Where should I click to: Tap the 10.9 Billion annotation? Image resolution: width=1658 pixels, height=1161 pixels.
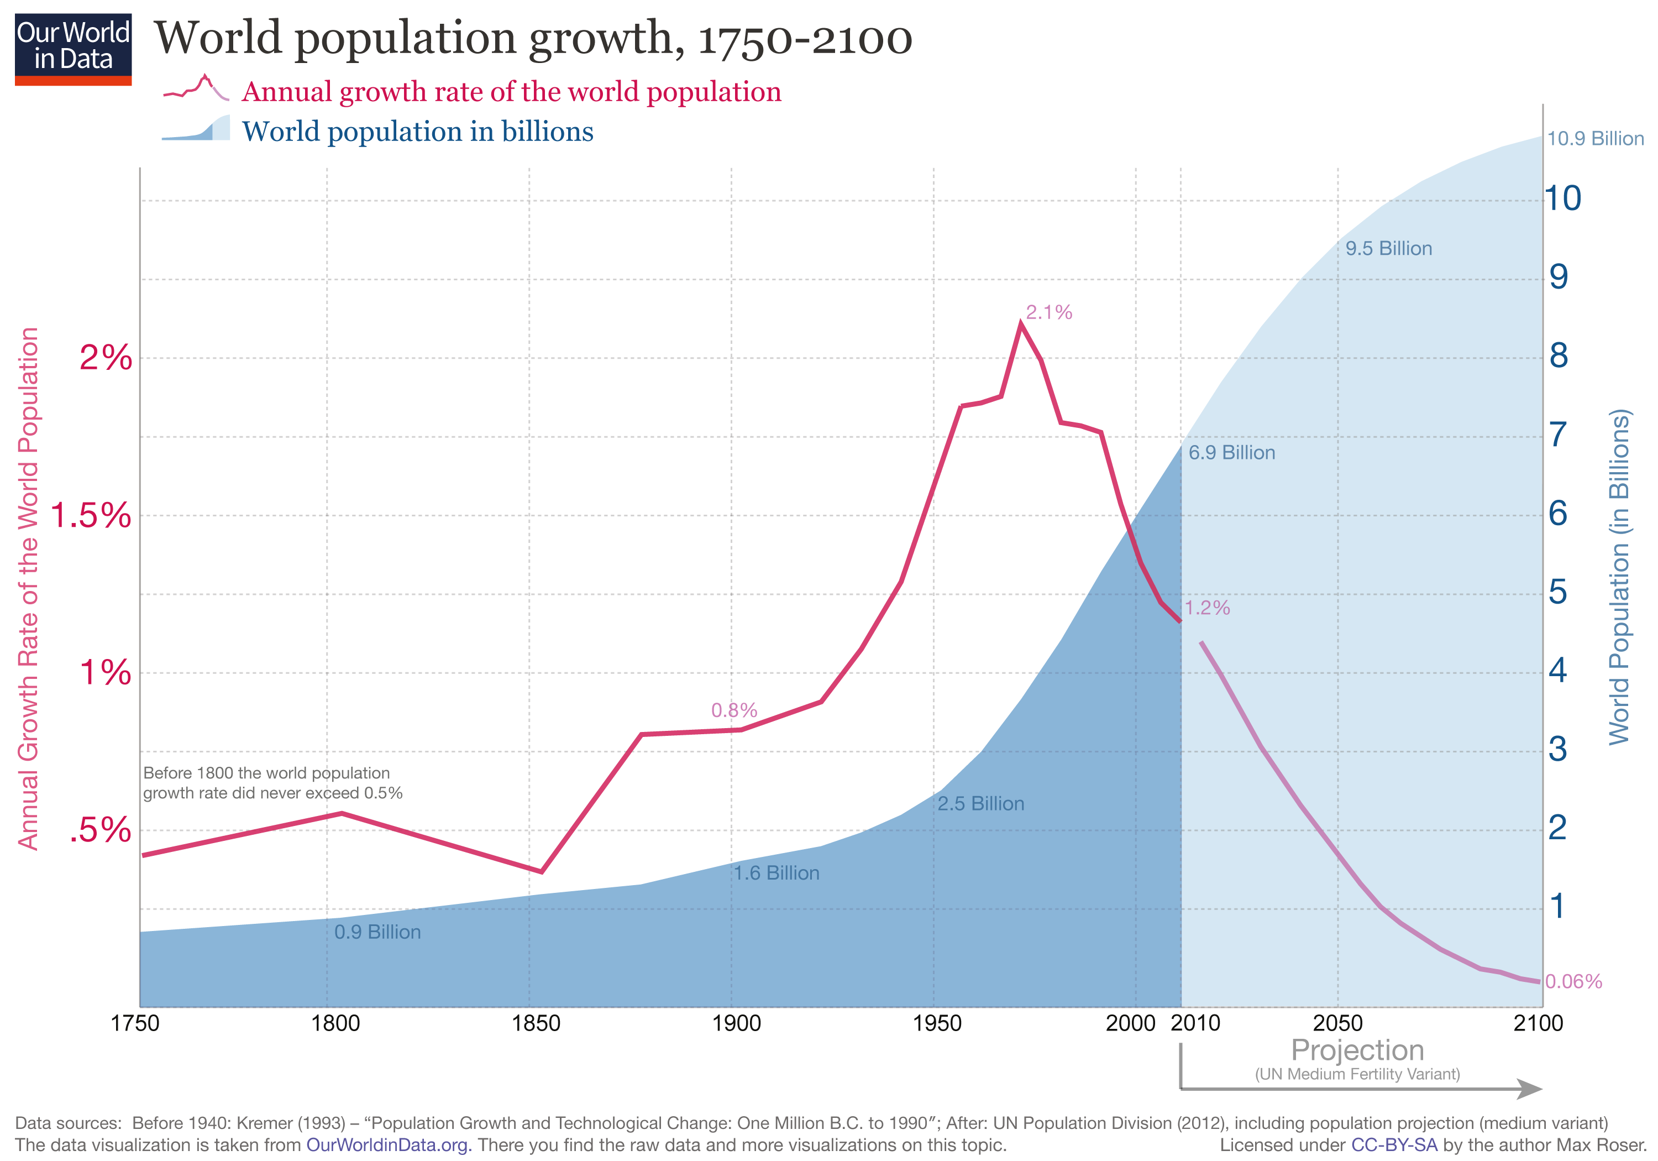(1594, 138)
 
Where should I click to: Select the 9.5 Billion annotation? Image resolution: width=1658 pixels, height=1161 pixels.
(1388, 249)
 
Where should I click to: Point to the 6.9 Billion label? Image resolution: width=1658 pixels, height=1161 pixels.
(1231, 453)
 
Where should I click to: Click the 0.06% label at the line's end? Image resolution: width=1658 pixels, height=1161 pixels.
(1573, 981)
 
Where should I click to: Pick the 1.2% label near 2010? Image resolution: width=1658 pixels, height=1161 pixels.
(1206, 608)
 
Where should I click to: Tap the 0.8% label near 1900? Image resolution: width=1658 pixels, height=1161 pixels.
(734, 710)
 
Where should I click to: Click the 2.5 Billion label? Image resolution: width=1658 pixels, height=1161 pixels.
(980, 803)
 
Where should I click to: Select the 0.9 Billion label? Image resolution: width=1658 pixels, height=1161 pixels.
(377, 932)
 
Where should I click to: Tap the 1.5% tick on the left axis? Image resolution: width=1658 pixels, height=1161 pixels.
(91, 516)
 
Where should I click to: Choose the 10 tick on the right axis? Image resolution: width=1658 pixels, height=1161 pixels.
(1562, 198)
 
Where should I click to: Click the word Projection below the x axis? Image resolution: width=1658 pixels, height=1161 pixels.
(1357, 1050)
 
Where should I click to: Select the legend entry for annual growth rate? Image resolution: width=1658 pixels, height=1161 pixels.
(511, 92)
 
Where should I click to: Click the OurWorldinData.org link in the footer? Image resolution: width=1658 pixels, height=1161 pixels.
(389, 1145)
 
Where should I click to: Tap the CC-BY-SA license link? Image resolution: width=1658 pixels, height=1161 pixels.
(1394, 1145)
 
